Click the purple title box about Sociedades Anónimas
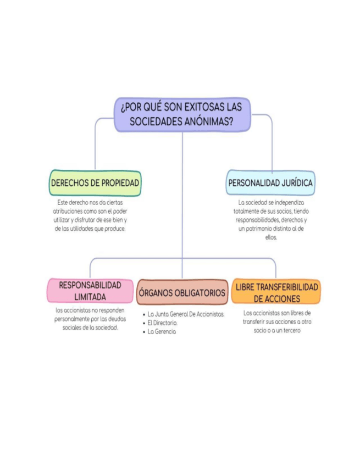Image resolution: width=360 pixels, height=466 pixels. coord(182,114)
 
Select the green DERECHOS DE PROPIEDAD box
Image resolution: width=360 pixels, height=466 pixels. coord(95,183)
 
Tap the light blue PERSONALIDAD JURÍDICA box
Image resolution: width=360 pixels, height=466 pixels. coord(271,183)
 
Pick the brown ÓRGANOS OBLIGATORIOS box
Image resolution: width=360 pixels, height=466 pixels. coord(182,293)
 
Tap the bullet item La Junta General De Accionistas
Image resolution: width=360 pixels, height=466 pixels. coord(186,314)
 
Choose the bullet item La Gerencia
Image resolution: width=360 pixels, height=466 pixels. coord(162,332)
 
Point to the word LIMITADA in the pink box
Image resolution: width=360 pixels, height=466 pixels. coord(90,297)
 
